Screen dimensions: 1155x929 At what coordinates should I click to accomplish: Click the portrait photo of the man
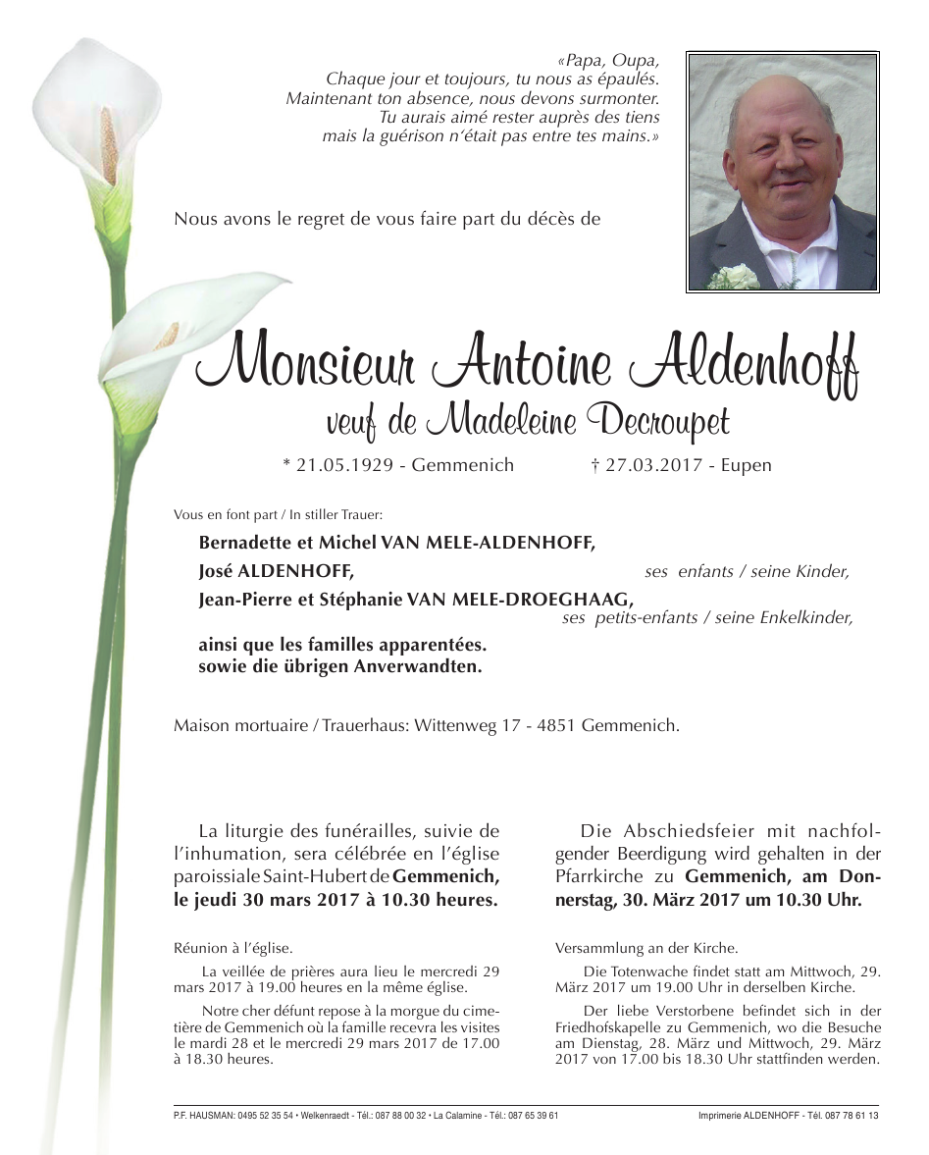coord(782,173)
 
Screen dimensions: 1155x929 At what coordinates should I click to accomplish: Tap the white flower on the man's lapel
coord(733,278)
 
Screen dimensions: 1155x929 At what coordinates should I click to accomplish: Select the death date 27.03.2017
coord(653,465)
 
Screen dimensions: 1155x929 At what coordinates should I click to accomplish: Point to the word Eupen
coord(747,465)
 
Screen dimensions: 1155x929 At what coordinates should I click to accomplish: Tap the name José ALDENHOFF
coord(276,571)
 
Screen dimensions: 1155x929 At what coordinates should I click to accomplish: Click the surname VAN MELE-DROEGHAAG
coord(541,601)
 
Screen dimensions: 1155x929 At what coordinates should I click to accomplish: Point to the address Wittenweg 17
coord(452,726)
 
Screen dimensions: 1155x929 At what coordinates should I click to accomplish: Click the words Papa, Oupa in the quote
coord(608,61)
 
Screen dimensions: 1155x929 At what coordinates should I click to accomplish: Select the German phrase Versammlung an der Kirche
coord(645,949)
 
